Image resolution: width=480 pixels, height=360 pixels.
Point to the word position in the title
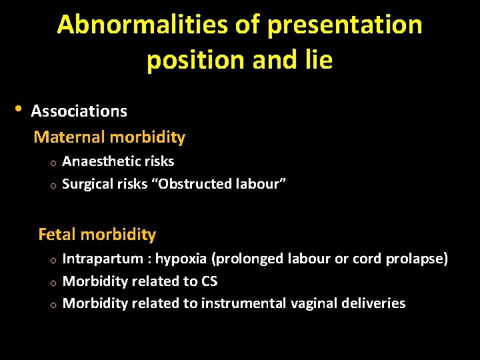pyautogui.click(x=196, y=60)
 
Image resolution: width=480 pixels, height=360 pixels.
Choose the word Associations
pyautogui.click(x=79, y=111)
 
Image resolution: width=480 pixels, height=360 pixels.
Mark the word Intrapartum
pyautogui.click(x=103, y=259)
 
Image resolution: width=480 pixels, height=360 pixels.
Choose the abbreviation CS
pyautogui.click(x=209, y=281)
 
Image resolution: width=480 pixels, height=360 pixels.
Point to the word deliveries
pyautogui.click(x=375, y=303)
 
